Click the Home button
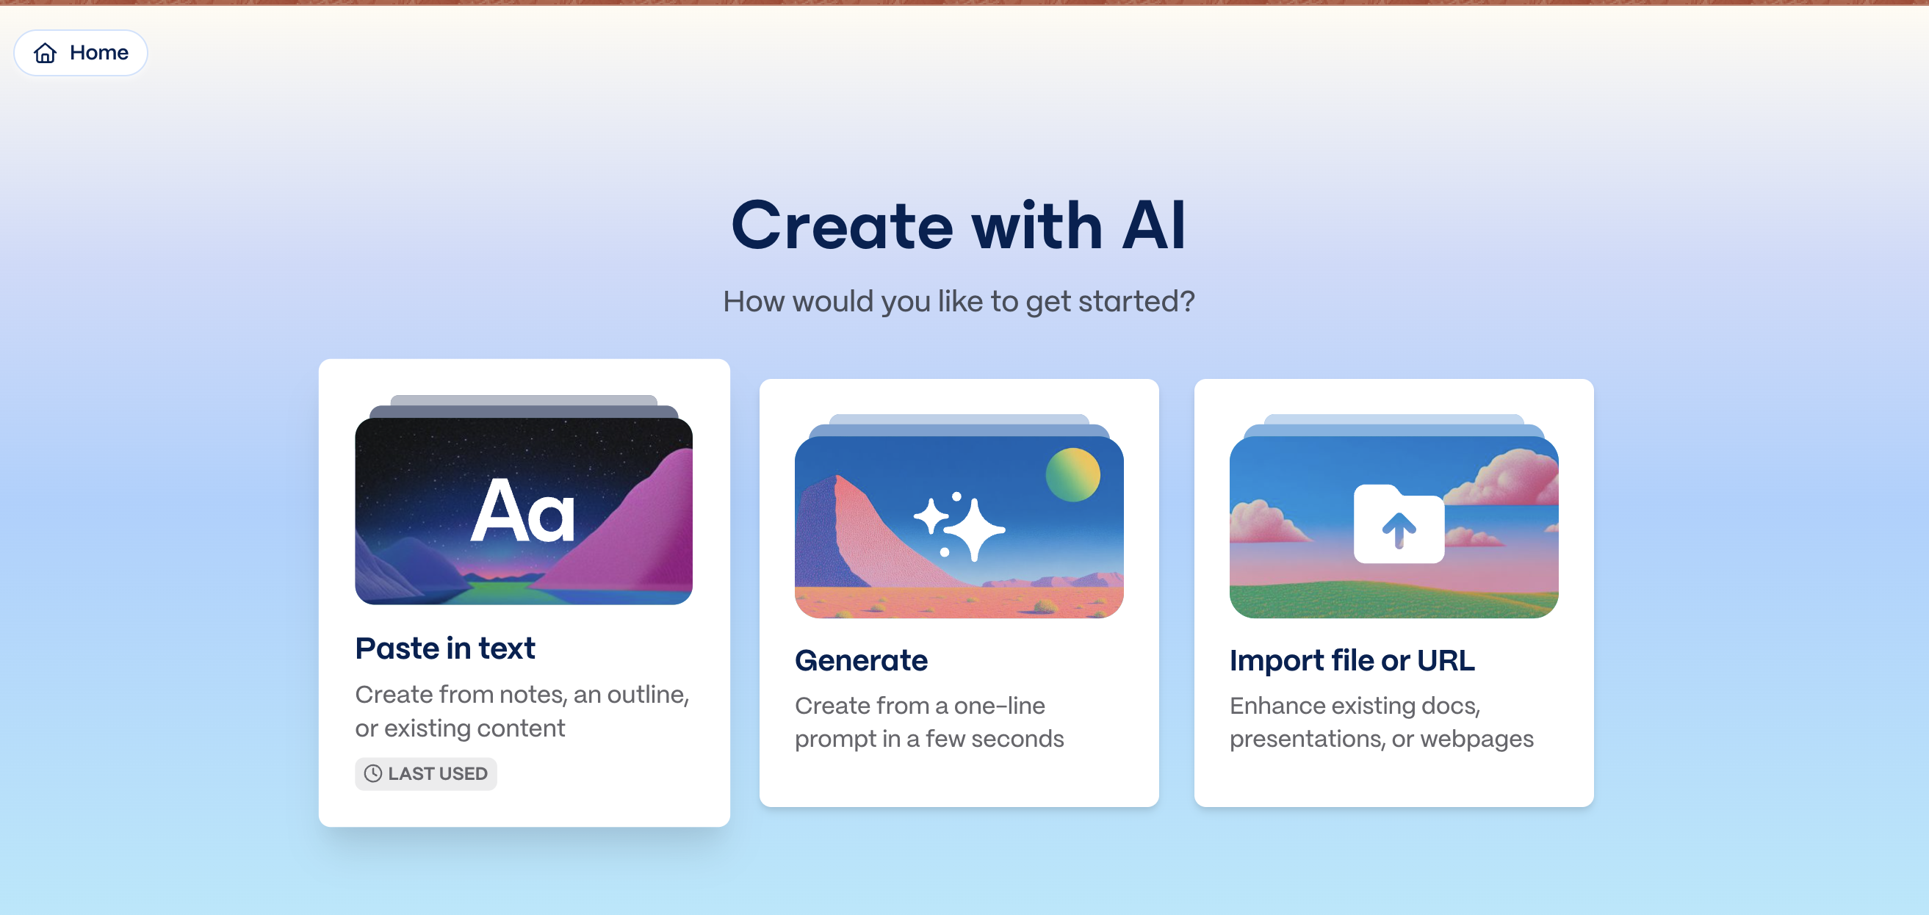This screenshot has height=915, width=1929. (81, 52)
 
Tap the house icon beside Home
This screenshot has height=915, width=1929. (45, 52)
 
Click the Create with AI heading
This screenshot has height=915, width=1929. (959, 225)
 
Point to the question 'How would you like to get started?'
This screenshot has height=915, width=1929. (959, 301)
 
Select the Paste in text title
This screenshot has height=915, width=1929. (445, 648)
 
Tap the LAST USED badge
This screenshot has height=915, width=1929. (425, 773)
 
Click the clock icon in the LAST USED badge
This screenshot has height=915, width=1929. (373, 773)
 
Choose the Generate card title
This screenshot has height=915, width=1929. (861, 660)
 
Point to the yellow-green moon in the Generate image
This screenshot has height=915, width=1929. (1073, 474)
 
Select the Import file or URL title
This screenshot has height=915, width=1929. (1352, 660)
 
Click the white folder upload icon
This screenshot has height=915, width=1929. (1399, 524)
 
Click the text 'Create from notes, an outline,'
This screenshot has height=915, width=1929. (522, 695)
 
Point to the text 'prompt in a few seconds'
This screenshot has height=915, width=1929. (929, 739)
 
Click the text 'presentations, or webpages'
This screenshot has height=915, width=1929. (1382, 739)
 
